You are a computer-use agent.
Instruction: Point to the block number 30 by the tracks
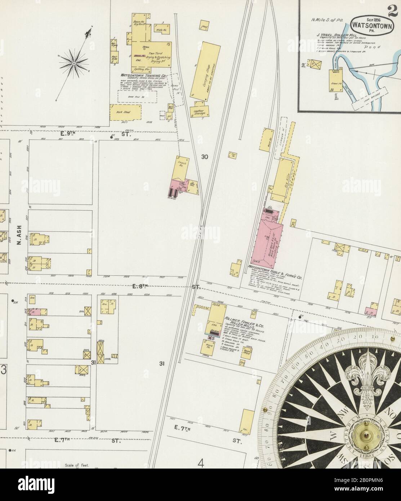click(x=205, y=157)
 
